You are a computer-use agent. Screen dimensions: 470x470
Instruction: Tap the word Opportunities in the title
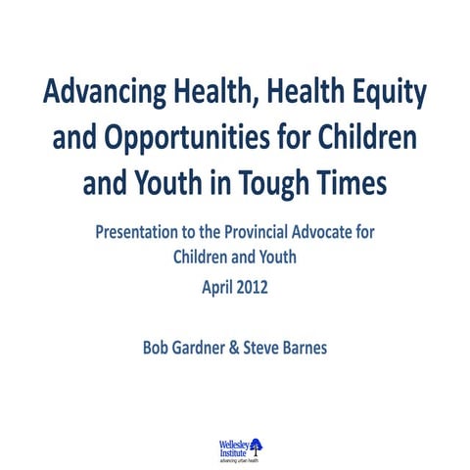(x=200, y=139)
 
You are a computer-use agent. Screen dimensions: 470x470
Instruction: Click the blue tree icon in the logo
(x=257, y=446)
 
